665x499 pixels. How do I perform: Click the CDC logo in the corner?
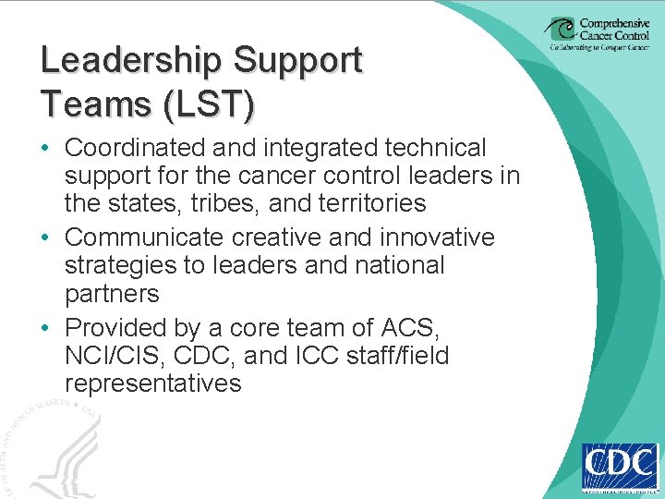(619, 467)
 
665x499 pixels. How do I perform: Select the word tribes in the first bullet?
(256, 203)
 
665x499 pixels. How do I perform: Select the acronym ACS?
(423, 328)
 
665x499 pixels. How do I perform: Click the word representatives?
(153, 383)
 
